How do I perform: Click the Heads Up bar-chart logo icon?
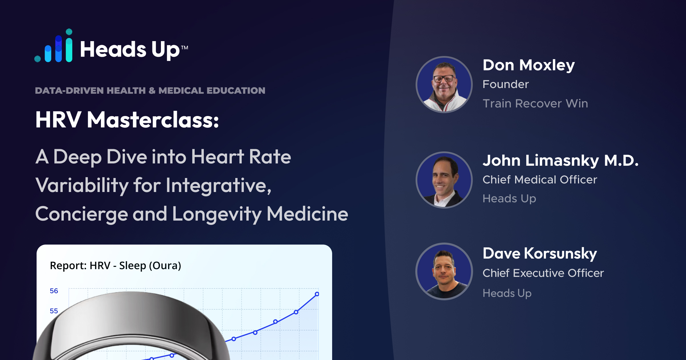[x=53, y=46]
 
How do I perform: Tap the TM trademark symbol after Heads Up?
[x=185, y=47]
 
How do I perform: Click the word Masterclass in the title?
[x=153, y=120]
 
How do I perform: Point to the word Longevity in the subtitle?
[x=217, y=215]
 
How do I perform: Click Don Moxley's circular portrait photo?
[x=444, y=85]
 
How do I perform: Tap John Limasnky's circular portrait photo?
[x=444, y=180]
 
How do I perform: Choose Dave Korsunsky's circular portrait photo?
[x=444, y=271]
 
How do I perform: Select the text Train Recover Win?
[x=535, y=103]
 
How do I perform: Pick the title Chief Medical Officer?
[x=540, y=180]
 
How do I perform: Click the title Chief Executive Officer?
[x=543, y=273]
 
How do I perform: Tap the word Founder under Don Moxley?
[x=506, y=84]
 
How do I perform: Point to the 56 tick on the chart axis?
[x=54, y=291]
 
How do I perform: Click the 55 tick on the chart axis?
[x=54, y=311]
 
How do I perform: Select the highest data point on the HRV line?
[x=317, y=294]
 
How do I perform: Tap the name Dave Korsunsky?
[x=540, y=254]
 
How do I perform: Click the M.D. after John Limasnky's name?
[x=621, y=161]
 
